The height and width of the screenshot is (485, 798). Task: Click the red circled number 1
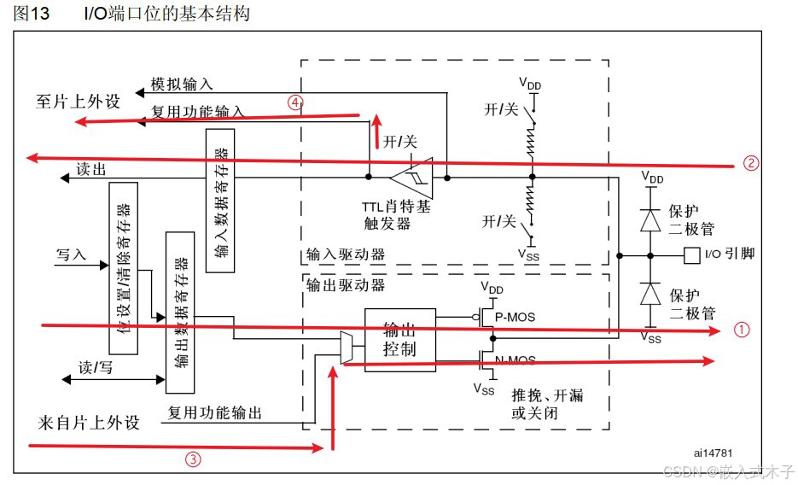tap(742, 329)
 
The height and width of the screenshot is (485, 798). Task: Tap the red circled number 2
tap(750, 163)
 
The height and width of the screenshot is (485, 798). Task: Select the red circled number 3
tap(194, 459)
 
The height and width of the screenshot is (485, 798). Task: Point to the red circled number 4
tap(294, 102)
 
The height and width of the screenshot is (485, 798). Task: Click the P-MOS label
tap(516, 317)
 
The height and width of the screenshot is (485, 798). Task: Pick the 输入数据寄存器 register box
tap(221, 201)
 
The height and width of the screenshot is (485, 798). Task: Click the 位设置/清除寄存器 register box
tap(123, 267)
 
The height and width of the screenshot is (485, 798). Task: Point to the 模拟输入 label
tap(182, 85)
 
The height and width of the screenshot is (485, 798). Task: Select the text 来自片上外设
tap(88, 423)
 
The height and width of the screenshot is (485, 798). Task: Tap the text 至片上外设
tap(78, 102)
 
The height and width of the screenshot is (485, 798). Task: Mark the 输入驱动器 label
tap(344, 254)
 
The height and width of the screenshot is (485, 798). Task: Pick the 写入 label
tap(71, 254)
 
